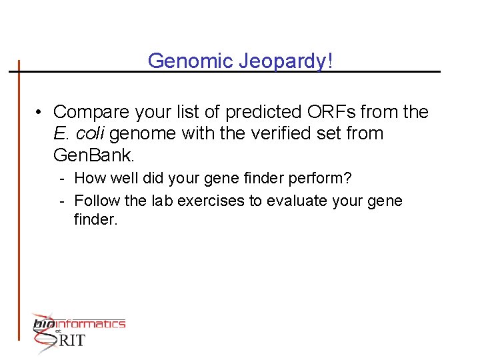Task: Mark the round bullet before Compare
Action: pyautogui.click(x=40, y=113)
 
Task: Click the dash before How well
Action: pyautogui.click(x=61, y=179)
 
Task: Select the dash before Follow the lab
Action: pyautogui.click(x=61, y=201)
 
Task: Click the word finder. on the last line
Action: pyautogui.click(x=95, y=219)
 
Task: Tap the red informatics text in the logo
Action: pyautogui.click(x=95, y=324)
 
